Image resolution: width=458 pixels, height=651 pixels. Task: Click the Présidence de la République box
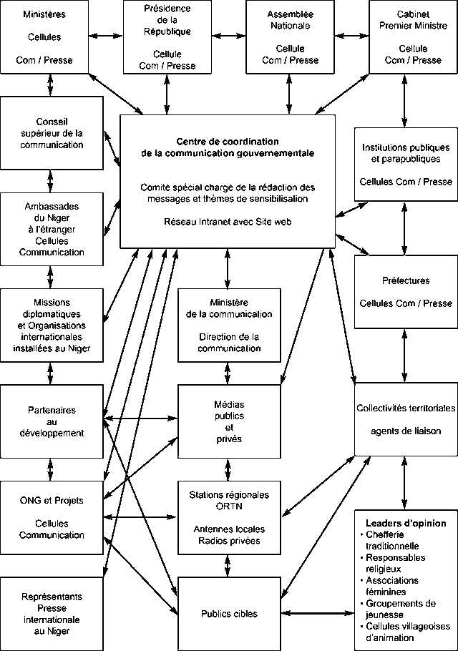(x=167, y=37)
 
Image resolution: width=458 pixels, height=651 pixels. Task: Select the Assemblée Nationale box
(x=290, y=37)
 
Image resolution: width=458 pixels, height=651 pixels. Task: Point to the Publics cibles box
(x=228, y=613)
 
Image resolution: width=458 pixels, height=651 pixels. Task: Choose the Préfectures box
(x=405, y=292)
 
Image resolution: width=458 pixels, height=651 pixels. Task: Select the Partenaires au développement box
(x=50, y=421)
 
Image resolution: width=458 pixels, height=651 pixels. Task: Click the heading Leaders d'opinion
(x=406, y=523)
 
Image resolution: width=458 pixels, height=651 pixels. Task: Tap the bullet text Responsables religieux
(x=395, y=563)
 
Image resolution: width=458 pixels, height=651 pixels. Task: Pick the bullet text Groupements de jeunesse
(x=400, y=609)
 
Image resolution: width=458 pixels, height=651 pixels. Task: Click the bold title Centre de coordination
(x=228, y=142)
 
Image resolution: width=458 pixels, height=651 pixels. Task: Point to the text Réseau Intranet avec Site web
(x=228, y=222)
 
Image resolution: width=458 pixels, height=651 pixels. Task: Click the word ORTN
(x=228, y=506)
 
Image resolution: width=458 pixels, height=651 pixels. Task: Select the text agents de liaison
(x=405, y=431)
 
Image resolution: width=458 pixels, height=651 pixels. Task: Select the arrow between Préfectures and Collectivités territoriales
(x=405, y=356)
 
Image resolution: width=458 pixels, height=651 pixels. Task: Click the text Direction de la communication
(x=228, y=342)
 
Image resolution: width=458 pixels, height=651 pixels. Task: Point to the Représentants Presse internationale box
(x=50, y=613)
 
